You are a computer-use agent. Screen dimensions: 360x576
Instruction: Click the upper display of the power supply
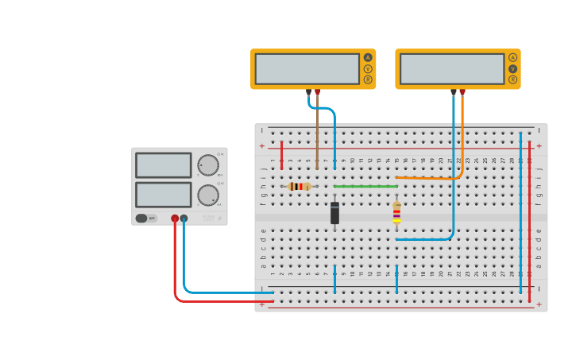pyautogui.click(x=163, y=165)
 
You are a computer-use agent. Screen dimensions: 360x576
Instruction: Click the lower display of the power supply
pyautogui.click(x=163, y=195)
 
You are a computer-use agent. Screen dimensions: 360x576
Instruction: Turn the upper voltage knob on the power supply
pyautogui.click(x=208, y=165)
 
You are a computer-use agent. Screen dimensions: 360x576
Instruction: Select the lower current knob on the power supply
pyautogui.click(x=208, y=195)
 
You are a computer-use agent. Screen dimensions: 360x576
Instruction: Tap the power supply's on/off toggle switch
pyautogui.click(x=141, y=218)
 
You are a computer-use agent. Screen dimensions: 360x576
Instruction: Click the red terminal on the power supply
pyautogui.click(x=175, y=219)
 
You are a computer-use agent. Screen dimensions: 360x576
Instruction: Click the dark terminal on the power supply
pyautogui.click(x=184, y=219)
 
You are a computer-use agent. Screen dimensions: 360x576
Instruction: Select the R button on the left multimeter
pyautogui.click(x=368, y=79)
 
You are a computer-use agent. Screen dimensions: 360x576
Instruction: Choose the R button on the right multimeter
pyautogui.click(x=512, y=79)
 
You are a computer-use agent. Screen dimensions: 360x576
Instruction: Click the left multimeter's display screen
pyautogui.click(x=307, y=68)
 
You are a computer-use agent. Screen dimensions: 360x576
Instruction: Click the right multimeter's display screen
pyautogui.click(x=451, y=68)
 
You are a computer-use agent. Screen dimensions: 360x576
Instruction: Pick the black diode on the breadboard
pyautogui.click(x=334, y=212)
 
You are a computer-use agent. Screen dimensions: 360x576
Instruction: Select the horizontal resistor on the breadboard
pyautogui.click(x=299, y=186)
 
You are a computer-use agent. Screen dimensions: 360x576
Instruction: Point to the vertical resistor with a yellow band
pyautogui.click(x=396, y=212)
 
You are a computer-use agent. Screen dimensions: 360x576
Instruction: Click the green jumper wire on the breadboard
pyautogui.click(x=365, y=186)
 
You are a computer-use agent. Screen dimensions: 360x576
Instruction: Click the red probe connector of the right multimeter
pyautogui.click(x=462, y=92)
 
